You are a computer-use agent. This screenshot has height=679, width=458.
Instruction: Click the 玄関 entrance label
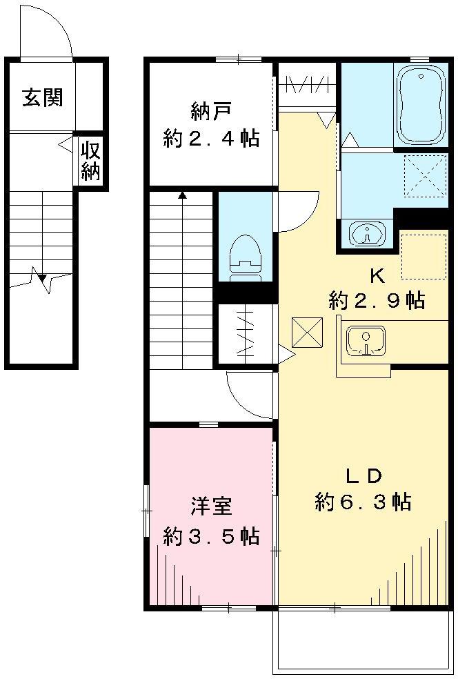[x=43, y=97]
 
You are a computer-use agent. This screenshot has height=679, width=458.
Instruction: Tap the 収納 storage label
[x=90, y=160]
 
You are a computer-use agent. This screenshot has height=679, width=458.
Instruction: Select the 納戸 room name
[x=210, y=110]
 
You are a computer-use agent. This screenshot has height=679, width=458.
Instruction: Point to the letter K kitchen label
[x=377, y=275]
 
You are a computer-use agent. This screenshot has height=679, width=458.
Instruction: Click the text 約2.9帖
[x=377, y=301]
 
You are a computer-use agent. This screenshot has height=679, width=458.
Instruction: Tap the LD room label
[x=363, y=475]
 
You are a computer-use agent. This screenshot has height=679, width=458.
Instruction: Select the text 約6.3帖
[x=363, y=502]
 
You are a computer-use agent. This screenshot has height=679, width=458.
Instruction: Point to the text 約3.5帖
[x=211, y=535]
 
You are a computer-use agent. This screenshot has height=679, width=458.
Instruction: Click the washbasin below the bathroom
[x=366, y=234]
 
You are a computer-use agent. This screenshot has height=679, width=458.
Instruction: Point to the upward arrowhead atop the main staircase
[x=183, y=195]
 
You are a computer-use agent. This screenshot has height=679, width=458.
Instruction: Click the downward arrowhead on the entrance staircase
[x=43, y=279]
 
